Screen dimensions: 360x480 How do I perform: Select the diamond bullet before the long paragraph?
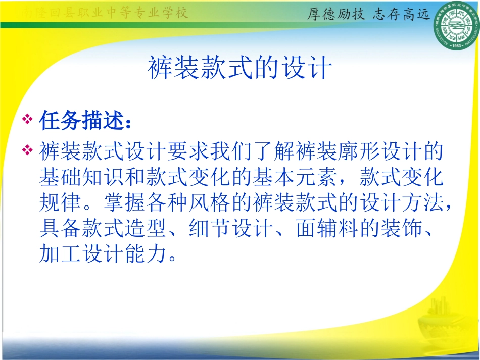[x=28, y=150]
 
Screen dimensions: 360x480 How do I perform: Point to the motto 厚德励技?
[x=336, y=14]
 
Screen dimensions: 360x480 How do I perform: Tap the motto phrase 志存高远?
[x=402, y=14]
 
